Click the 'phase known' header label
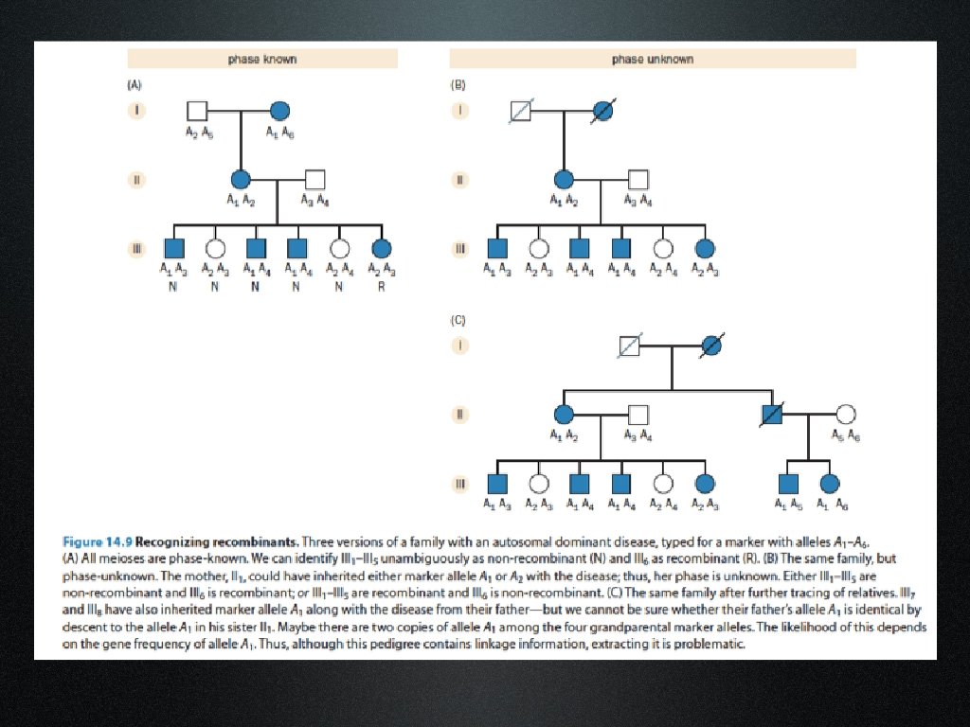coord(262,59)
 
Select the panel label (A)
coord(135,84)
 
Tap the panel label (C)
coord(458,321)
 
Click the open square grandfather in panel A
coord(197,110)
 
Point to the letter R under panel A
coord(382,286)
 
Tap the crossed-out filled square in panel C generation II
coord(773,414)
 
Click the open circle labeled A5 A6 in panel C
coord(846,414)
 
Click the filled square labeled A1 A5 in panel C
coord(786,484)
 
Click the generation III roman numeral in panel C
coord(460,484)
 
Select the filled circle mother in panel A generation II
coord(241,178)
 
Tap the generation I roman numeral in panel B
coord(460,110)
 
